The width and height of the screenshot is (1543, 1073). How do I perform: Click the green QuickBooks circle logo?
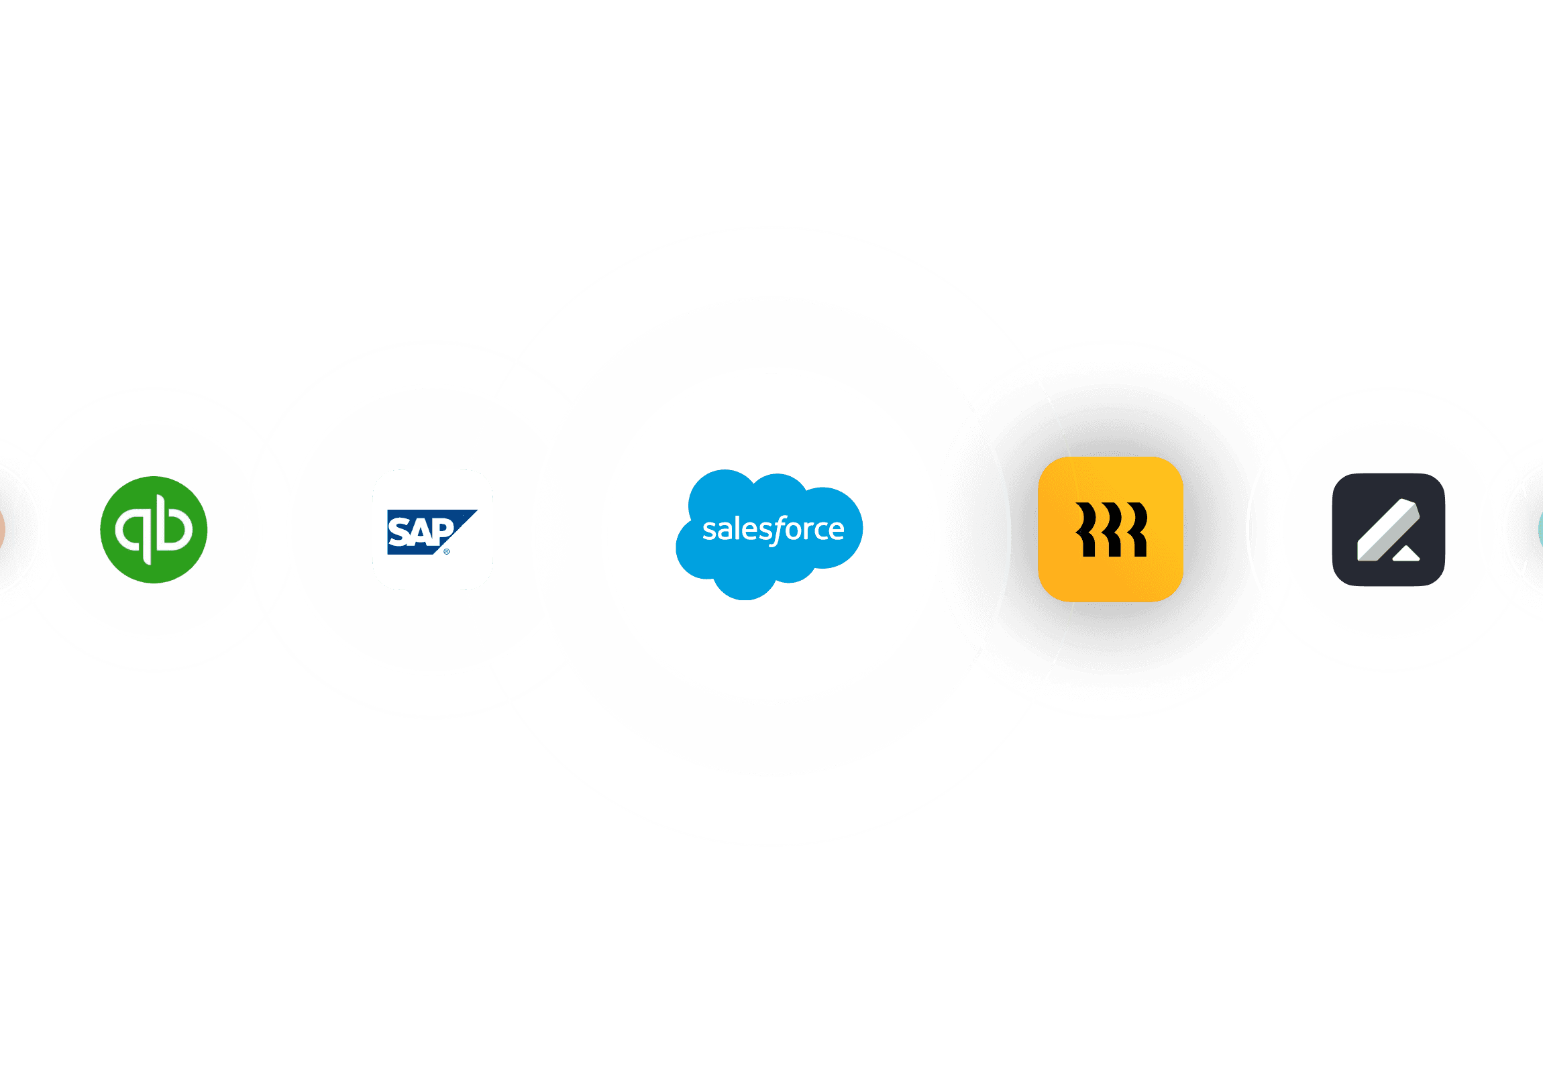click(154, 529)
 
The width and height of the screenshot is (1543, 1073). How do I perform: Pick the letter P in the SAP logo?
click(441, 530)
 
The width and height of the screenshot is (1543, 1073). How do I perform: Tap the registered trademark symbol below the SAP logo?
click(446, 552)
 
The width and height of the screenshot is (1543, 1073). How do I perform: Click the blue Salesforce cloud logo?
click(769, 533)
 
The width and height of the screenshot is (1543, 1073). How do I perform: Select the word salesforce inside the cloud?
click(773, 530)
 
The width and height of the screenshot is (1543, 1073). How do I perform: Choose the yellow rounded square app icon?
click(1110, 529)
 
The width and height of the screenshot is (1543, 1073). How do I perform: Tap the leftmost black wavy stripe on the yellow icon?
click(1087, 529)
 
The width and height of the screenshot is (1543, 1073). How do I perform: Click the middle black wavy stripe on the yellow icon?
click(1112, 529)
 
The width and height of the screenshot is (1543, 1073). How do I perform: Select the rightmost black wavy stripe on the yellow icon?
click(1136, 529)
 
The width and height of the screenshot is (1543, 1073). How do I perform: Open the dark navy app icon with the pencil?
click(1389, 529)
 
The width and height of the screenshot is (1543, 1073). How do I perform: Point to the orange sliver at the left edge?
click(2, 529)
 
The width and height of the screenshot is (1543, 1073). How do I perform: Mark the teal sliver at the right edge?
click(1540, 529)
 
